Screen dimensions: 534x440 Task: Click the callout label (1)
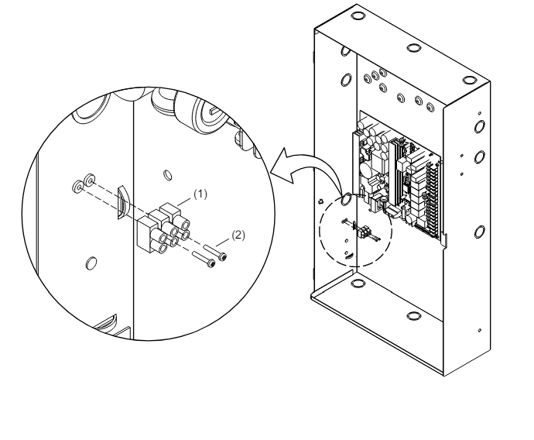200,194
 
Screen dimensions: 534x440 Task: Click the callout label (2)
238,235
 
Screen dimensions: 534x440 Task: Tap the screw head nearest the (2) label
222,256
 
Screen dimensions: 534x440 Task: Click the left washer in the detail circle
77,187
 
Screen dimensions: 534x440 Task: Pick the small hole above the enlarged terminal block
168,175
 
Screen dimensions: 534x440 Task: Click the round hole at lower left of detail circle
91,263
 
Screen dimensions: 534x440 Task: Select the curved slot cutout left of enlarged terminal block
122,202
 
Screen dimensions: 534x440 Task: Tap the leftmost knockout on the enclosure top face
358,16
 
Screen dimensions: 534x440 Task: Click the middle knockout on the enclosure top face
413,47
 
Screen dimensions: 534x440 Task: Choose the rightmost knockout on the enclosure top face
469,80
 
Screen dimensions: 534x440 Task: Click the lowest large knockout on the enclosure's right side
479,232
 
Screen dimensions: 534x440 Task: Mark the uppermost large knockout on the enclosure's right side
479,126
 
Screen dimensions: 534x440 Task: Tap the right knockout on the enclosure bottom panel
413,315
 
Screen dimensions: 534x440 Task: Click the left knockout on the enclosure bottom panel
358,283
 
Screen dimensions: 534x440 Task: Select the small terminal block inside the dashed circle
364,232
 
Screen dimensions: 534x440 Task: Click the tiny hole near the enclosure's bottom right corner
480,330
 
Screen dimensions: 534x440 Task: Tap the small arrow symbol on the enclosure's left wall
320,201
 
